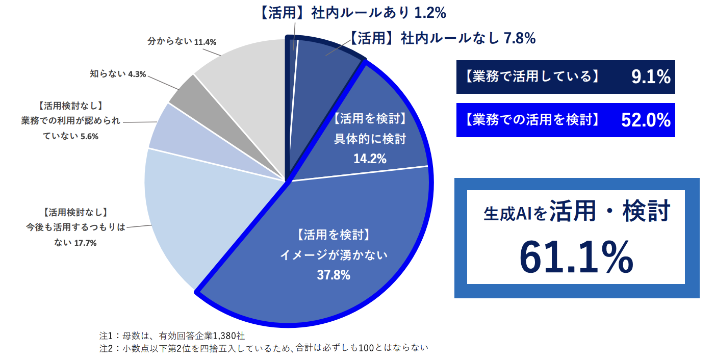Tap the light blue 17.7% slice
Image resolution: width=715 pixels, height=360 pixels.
click(204, 214)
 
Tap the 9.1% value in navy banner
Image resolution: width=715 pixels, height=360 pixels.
click(650, 76)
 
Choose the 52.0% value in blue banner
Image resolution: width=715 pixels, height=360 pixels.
click(645, 120)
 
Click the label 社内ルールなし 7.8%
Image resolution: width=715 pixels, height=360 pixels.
click(442, 38)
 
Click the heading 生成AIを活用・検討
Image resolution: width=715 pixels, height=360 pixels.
click(576, 212)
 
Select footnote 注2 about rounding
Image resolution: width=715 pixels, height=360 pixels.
click(263, 348)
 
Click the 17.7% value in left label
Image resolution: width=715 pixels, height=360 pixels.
click(86, 243)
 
